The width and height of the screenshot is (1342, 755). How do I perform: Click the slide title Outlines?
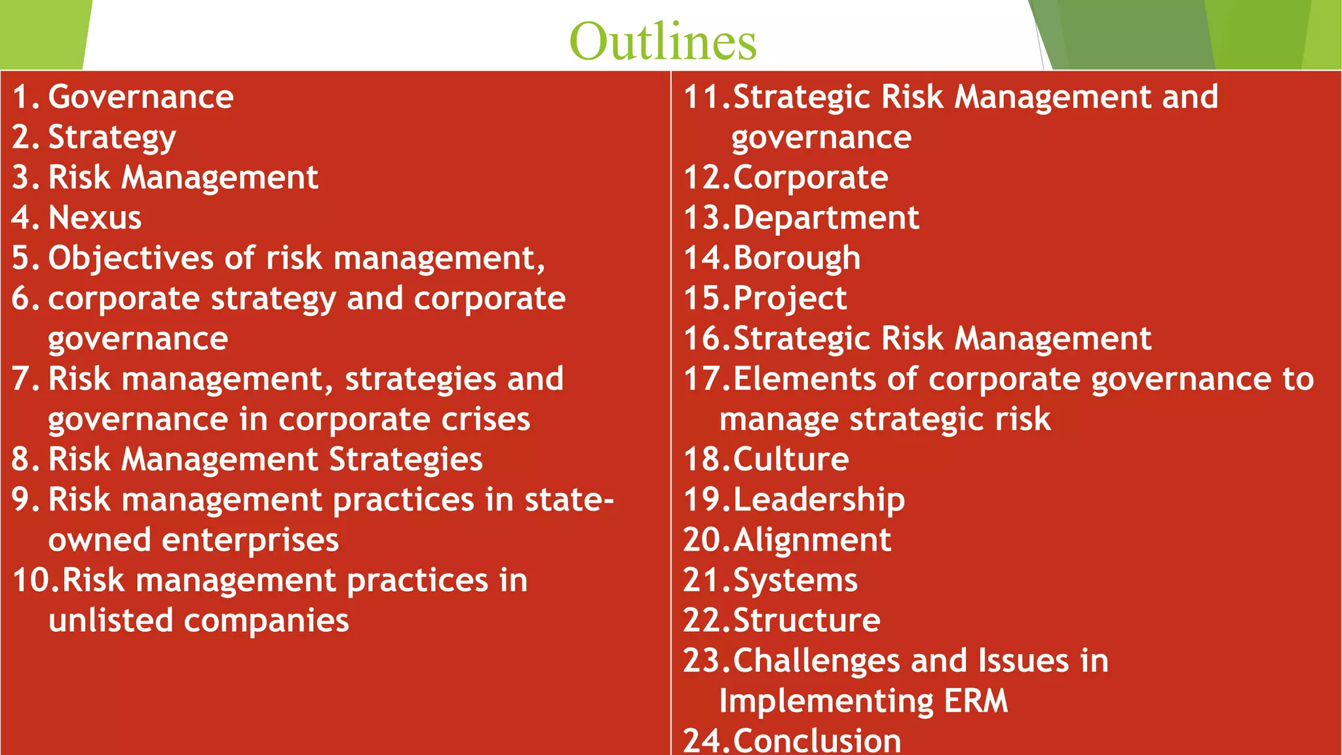662,41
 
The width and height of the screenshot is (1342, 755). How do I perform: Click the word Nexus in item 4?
95,218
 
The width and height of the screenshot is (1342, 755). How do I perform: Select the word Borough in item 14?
797,258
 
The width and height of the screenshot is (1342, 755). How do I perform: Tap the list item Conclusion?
816,741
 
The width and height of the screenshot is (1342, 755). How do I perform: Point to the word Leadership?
819,500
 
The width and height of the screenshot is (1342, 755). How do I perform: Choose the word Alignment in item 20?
813,540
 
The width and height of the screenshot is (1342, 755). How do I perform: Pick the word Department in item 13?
826,218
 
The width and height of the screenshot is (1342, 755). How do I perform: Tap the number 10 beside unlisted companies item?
36,581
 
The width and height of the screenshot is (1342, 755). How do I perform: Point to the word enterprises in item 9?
250,540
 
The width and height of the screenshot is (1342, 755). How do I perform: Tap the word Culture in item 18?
791,459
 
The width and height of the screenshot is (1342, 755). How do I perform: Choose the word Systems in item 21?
795,581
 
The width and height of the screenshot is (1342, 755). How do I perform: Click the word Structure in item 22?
807,621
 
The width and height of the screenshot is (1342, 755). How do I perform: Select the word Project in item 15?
790,299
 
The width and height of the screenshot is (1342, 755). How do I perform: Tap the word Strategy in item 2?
112,138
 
